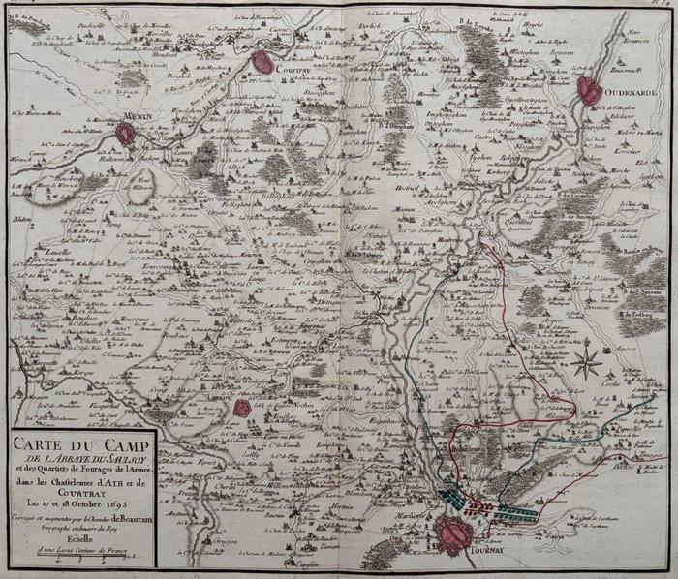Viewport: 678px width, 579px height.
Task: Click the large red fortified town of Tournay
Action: click(x=456, y=532)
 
